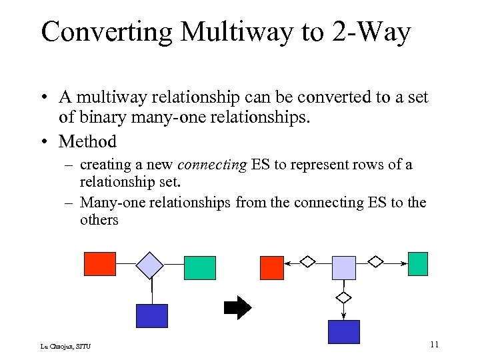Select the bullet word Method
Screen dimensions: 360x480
click(87, 141)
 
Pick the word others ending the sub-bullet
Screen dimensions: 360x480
click(99, 219)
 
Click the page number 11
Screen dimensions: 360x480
click(434, 344)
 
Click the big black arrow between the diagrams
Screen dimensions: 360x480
click(237, 307)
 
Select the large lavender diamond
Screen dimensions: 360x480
click(150, 265)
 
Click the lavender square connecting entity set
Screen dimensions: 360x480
click(344, 267)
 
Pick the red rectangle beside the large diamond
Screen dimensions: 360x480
click(99, 263)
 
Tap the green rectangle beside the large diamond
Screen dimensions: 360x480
click(200, 267)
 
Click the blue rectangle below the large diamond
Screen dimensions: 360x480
click(152, 316)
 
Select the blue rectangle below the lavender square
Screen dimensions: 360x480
click(344, 331)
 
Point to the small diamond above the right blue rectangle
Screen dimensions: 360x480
click(344, 297)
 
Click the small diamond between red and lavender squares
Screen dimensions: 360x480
click(307, 262)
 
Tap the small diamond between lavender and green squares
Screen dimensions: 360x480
click(377, 262)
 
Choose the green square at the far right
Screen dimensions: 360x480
click(418, 263)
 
